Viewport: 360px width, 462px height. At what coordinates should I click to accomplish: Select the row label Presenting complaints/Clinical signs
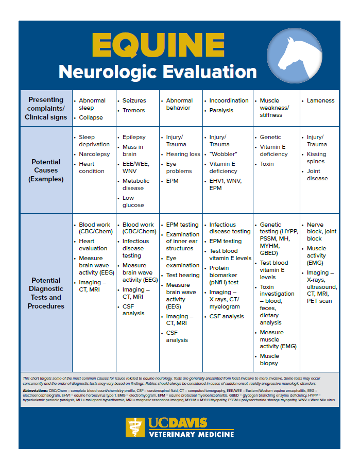[46, 108]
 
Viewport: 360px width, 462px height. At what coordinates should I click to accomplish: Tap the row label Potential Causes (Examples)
[46, 170]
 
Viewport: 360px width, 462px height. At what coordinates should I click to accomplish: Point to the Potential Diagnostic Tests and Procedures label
[46, 293]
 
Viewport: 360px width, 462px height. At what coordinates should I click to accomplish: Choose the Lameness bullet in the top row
[320, 100]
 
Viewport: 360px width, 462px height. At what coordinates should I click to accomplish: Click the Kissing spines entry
[316, 158]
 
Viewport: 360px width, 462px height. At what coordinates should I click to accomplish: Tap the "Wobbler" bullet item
[223, 154]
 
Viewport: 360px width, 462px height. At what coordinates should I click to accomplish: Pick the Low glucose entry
[133, 201]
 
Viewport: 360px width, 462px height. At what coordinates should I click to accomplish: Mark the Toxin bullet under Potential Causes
[267, 164]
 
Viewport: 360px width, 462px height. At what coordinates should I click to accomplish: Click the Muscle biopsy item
[269, 360]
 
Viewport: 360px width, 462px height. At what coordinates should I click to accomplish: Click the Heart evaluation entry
[93, 245]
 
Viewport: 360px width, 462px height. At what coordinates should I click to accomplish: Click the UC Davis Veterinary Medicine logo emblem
[135, 427]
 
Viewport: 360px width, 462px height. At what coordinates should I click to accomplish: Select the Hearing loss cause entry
[183, 154]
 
